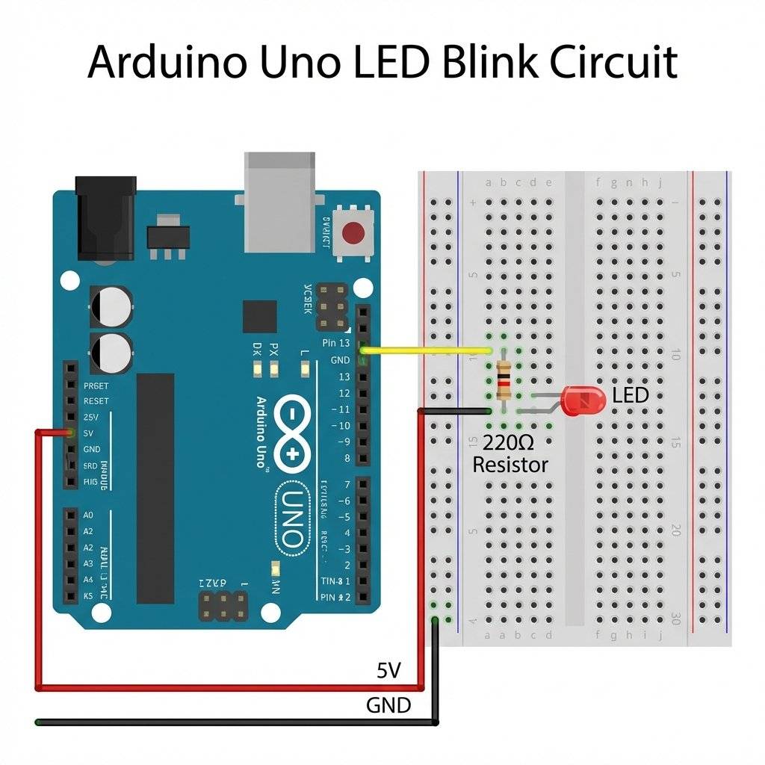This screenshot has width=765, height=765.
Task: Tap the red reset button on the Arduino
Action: (354, 234)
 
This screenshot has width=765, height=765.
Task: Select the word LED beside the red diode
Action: (630, 395)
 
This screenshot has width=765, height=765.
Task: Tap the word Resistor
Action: (511, 465)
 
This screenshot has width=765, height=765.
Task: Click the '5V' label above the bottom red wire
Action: (389, 670)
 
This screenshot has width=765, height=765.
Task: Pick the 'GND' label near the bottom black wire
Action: (388, 704)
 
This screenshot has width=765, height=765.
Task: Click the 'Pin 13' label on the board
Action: (335, 343)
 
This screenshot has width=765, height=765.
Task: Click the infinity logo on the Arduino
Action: (292, 433)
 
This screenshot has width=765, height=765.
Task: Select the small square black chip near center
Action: (260, 317)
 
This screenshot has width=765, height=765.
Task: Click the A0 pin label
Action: (88, 515)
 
